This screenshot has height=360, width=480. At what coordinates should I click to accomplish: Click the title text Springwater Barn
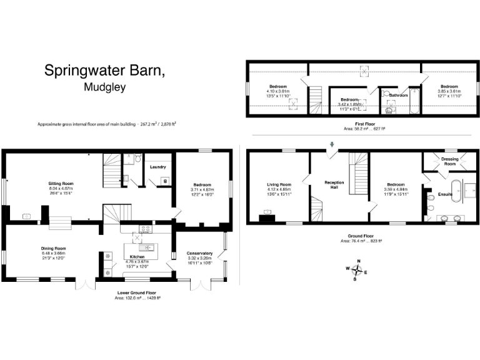tap(104, 70)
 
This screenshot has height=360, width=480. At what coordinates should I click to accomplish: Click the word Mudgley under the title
tap(104, 87)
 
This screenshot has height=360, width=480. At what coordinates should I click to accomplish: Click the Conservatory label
tap(200, 253)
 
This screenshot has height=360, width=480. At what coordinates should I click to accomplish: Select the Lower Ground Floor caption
tap(137, 292)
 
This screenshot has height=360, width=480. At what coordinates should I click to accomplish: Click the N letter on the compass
tap(359, 261)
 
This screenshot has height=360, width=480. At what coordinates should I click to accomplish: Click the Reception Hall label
tap(334, 185)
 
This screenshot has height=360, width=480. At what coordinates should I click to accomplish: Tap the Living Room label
tap(279, 184)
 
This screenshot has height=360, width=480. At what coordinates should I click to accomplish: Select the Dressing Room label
tap(449, 161)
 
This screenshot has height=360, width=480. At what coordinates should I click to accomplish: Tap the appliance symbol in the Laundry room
tap(164, 181)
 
